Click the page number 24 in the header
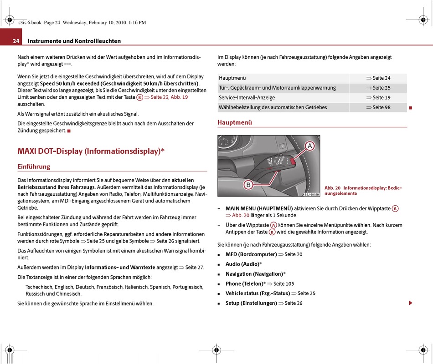pos(16,41)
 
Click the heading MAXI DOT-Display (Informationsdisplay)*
pos(91,151)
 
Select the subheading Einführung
pos(34,167)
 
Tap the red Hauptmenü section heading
pos(235,122)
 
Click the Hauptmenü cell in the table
pos(232,78)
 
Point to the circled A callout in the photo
pos(309,146)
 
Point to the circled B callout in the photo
pos(248,185)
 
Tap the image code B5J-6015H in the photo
pos(312,194)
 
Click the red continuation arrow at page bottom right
pos(410,303)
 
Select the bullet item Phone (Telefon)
pos(244,283)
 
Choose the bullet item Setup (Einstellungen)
pos(251,303)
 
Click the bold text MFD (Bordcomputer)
pos(251,254)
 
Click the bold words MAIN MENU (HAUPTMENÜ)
pos(259,208)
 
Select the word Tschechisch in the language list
pos(39,287)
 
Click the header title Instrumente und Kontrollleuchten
pos(74,41)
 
